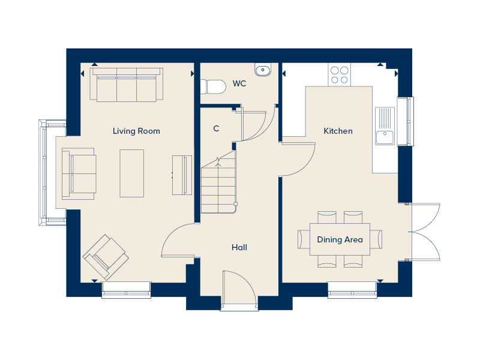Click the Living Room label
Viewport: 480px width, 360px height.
point(136,131)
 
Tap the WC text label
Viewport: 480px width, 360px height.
point(239,83)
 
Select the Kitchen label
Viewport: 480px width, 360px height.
point(338,131)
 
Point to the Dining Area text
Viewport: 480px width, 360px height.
point(340,239)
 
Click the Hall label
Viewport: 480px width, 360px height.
point(239,247)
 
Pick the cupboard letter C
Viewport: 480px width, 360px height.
point(216,128)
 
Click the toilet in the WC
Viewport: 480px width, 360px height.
point(213,86)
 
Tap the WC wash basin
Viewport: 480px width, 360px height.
point(263,70)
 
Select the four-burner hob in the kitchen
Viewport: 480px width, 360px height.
point(340,75)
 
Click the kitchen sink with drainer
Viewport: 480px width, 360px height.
point(385,126)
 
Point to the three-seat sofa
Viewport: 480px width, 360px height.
point(127,85)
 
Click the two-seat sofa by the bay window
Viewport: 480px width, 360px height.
point(79,173)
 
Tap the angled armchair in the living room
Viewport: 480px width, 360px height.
point(106,257)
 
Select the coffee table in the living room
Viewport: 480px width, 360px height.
point(131,173)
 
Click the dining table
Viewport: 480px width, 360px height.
point(340,239)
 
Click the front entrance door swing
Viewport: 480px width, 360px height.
point(239,288)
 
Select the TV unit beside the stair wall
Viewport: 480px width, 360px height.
point(182,175)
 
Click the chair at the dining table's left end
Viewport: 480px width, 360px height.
point(304,239)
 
